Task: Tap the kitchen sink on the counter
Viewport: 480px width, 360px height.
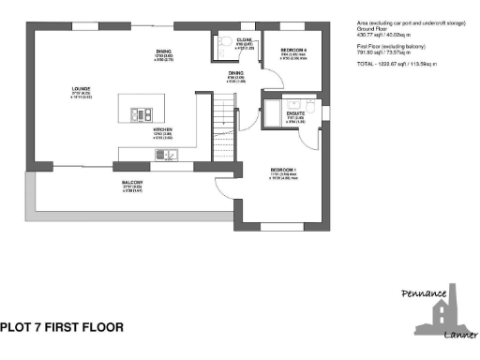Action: click(165, 154)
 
